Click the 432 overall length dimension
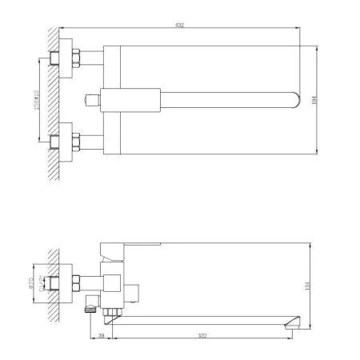[180, 26]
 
